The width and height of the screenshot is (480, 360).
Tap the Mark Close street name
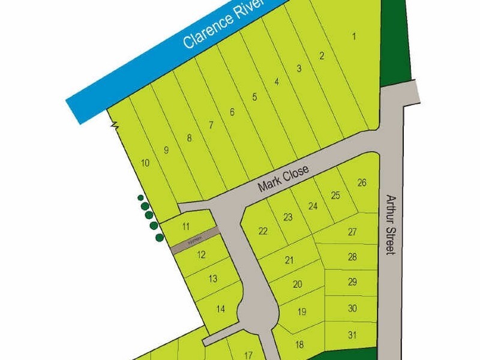pos(283,179)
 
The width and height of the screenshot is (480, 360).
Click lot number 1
pos(354,37)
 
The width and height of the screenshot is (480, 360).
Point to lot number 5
pos(254,97)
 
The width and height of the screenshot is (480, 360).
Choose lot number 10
pos(145,163)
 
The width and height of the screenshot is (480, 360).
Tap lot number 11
pos(186,226)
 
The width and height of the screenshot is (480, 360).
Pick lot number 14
pos(220,309)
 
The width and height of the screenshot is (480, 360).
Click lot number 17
pos(250,354)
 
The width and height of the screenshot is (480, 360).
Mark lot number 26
pos(361,183)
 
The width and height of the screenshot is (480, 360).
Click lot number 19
pos(302,311)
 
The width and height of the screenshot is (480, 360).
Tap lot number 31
pos(352,335)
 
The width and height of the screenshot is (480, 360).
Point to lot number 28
pos(352,257)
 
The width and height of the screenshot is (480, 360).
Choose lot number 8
pos(189,138)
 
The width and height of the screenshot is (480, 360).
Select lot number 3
pos(299,68)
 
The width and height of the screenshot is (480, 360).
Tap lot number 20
pos(297,284)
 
